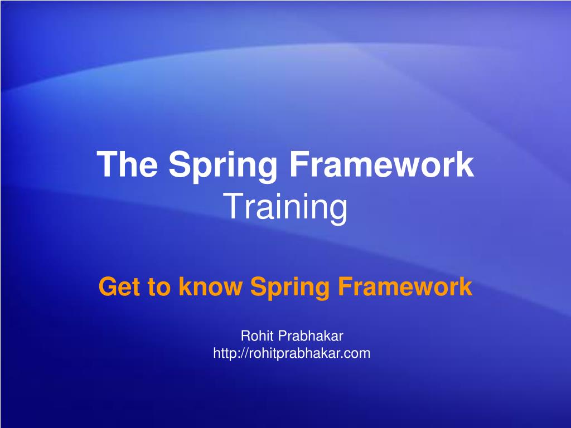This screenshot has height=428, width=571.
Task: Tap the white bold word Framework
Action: [383, 165]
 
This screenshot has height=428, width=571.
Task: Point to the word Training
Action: [285, 207]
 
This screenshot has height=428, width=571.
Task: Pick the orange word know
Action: [210, 288]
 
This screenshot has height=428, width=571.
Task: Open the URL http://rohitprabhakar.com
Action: [292, 353]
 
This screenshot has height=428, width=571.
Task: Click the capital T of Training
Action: [231, 207]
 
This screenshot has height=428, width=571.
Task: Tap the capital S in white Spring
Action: [179, 165]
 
